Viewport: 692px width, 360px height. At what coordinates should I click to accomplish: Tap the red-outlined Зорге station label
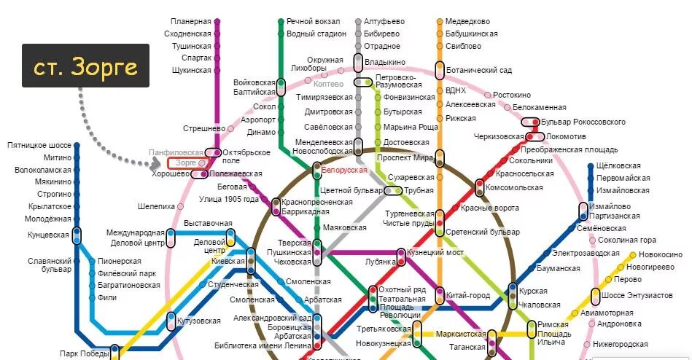187,163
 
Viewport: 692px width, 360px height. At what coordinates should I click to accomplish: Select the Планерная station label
191,21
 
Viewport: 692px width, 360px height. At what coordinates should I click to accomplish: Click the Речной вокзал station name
314,21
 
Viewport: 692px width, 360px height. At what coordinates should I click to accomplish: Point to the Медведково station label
467,21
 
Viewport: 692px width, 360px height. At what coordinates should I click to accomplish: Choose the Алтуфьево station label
384,21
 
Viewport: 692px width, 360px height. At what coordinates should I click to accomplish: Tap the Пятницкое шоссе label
39,146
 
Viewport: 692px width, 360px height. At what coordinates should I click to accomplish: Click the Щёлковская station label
622,165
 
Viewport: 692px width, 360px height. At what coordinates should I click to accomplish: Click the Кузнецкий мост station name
435,252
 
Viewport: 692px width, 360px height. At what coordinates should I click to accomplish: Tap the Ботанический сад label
479,70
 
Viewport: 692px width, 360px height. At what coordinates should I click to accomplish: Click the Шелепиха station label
157,206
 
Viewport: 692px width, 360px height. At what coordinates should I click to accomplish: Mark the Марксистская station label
461,334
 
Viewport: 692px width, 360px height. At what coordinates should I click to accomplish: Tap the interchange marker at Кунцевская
77,235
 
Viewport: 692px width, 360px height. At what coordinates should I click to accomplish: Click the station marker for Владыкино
358,63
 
